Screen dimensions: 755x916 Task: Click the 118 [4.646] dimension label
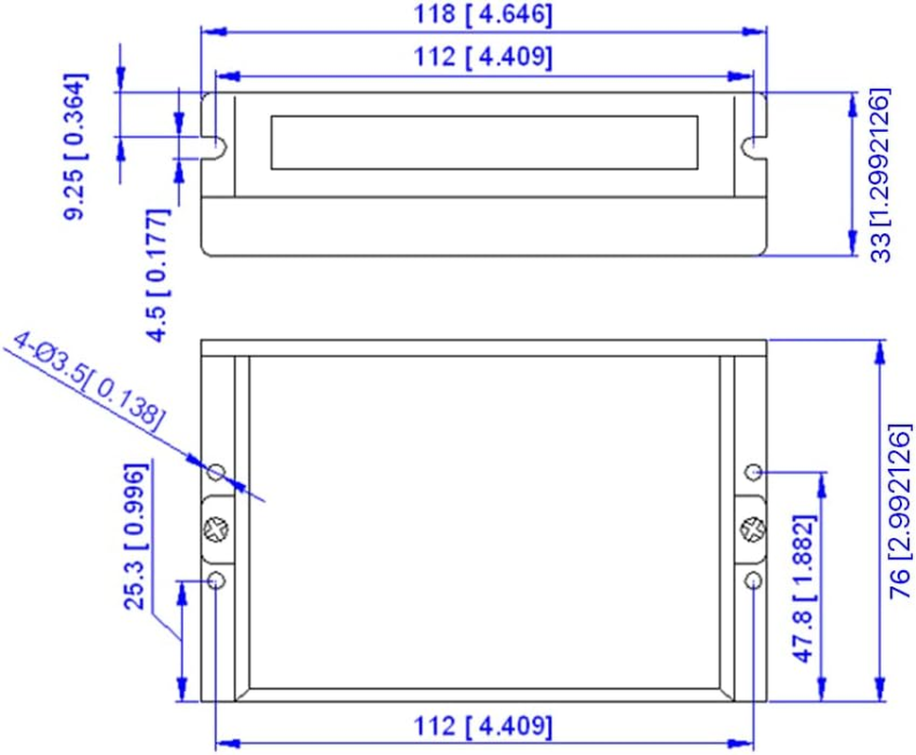pos(483,15)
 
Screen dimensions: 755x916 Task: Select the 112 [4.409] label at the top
pos(483,58)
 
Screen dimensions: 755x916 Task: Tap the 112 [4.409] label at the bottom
pos(483,727)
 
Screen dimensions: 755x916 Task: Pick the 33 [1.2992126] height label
pos(879,176)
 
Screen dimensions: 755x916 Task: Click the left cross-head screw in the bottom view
pos(217,529)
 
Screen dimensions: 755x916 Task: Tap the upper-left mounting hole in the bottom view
pos(217,471)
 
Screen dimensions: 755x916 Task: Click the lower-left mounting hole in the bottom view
pos(217,579)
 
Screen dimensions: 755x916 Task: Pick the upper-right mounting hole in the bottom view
pos(754,471)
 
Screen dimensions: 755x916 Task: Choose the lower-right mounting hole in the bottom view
pos(754,579)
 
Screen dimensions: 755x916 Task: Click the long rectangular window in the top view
pos(484,143)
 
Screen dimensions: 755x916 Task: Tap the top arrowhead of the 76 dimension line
pos(880,351)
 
